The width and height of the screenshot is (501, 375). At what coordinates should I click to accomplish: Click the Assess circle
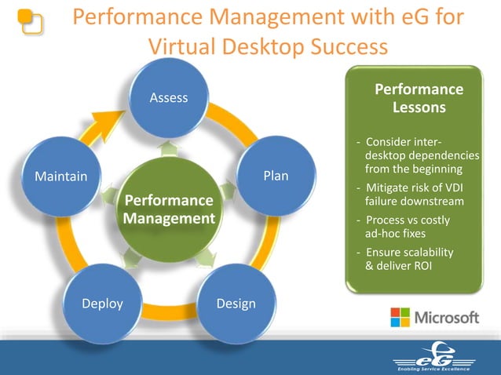tap(170, 98)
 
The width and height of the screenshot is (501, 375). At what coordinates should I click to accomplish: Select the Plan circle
tap(276, 176)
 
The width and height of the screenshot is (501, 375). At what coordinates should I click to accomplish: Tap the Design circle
tap(236, 304)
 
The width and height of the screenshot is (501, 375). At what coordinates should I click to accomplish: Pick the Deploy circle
tap(103, 304)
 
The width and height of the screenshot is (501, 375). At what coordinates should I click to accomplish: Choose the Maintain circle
tap(61, 176)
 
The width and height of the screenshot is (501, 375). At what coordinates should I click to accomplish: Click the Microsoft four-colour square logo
tap(400, 318)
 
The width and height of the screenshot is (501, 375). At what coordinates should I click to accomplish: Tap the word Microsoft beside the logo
tap(446, 318)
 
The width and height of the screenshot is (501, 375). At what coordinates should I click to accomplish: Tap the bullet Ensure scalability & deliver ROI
tap(404, 259)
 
